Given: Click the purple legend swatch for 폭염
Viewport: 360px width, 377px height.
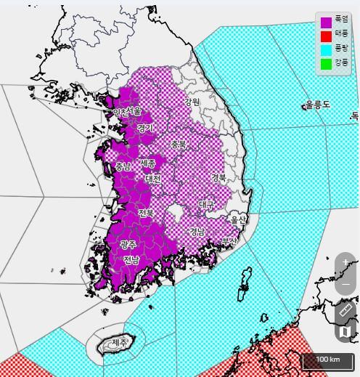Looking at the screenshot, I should [x=326, y=22].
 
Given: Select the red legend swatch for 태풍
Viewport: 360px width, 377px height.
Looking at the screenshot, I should [x=326, y=36].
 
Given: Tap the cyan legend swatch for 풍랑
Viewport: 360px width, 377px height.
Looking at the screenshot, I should [x=326, y=50].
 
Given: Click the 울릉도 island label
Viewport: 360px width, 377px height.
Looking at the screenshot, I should [x=317, y=105].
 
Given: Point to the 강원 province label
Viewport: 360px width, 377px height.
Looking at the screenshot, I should [x=192, y=102].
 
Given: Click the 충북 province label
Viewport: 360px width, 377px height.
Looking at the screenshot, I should [x=179, y=144].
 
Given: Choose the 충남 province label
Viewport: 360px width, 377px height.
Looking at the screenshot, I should [x=123, y=166].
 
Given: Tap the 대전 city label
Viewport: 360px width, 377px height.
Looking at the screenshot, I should [x=152, y=178].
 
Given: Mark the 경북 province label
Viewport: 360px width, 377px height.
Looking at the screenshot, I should [x=218, y=177].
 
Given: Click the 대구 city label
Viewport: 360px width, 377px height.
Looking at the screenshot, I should [x=207, y=205].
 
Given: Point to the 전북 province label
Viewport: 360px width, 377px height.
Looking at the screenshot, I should [x=145, y=213].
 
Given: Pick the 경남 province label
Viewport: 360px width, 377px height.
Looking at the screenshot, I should [x=197, y=232].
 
